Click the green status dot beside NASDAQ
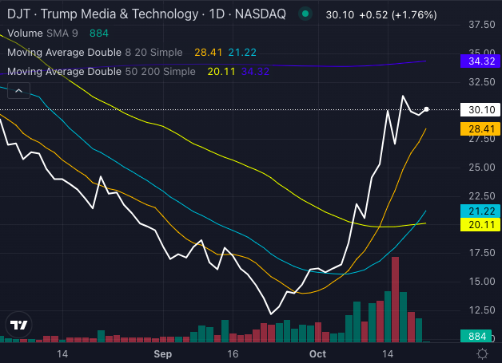click(x=305, y=14)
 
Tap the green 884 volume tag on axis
click(x=478, y=337)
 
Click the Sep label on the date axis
click(x=163, y=353)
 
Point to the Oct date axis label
click(x=317, y=353)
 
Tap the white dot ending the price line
click(x=426, y=109)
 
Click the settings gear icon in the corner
click(x=482, y=353)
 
